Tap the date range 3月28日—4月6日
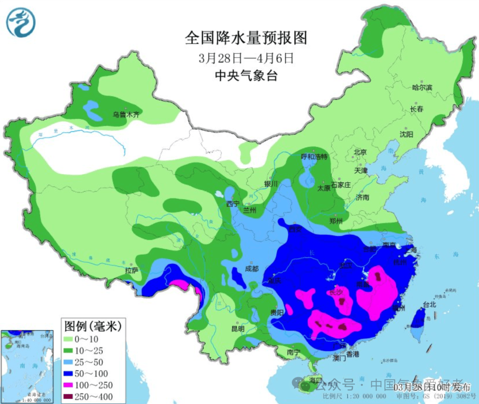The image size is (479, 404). pos(246,58)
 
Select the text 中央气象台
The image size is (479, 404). pos(246,76)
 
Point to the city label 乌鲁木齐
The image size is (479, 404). pos(126,115)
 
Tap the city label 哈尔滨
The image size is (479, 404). pos(421,88)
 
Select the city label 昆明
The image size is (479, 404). pos(238,329)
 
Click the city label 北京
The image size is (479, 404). pos(360,152)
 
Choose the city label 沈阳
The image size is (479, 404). pos(406,134)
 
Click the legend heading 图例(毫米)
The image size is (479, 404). pos(92,327)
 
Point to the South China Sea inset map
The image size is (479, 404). pos(27,366)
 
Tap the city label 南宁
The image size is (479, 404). pos(294,352)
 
